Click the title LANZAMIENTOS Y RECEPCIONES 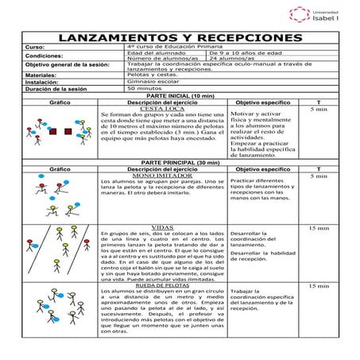point(181,37)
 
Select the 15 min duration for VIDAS point(317,228)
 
